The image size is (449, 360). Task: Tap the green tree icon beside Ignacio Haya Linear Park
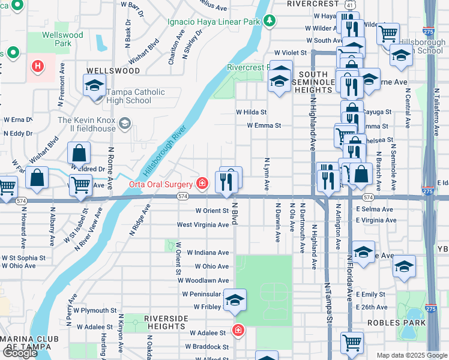point(270,21)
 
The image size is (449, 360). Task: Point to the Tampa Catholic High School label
point(128,97)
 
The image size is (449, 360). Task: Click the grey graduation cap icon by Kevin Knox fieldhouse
point(125,124)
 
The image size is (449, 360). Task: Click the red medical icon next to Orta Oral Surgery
point(203,183)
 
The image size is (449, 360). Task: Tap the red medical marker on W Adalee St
point(238,331)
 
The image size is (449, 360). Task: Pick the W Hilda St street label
point(251,112)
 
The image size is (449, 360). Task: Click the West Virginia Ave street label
point(203,224)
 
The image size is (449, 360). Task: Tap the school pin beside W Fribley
point(235,301)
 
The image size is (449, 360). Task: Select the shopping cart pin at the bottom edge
point(352,343)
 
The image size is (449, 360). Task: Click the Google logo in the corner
point(20,353)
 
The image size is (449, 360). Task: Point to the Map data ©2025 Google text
point(411,355)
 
